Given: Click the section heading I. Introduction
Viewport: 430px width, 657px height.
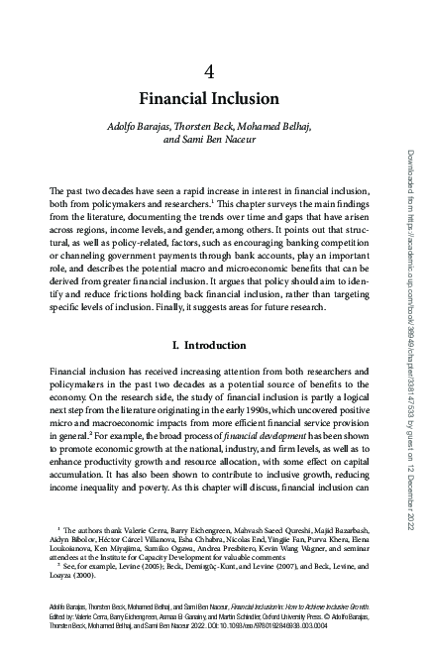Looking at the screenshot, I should pos(209,345).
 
